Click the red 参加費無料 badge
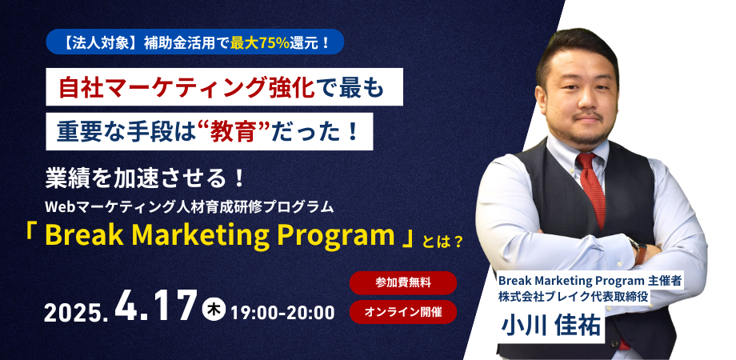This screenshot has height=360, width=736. click(403, 282)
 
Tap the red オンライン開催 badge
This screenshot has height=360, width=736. click(403, 311)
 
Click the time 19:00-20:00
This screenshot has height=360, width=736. click(282, 311)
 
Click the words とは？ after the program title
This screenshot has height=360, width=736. click(442, 239)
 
